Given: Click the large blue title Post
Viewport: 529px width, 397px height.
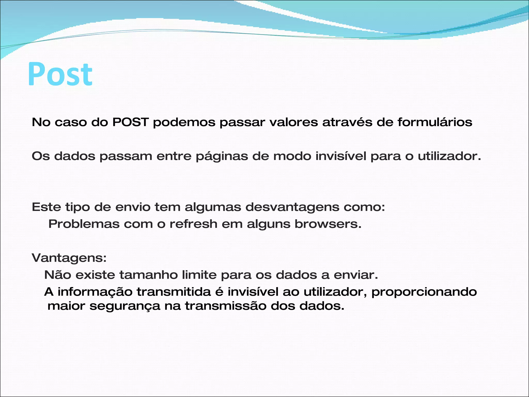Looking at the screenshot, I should (x=60, y=74).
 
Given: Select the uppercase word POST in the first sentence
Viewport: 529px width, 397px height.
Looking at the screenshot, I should (x=130, y=122).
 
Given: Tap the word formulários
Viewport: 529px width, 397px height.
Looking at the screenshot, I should (x=435, y=122).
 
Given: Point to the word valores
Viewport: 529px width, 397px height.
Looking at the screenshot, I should (x=294, y=122).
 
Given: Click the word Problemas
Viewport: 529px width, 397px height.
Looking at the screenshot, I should (x=84, y=224).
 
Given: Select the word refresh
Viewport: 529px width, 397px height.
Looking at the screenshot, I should (x=193, y=224).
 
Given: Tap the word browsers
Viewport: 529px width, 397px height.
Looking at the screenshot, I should (x=328, y=224).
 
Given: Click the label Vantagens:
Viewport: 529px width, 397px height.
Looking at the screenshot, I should (x=69, y=258).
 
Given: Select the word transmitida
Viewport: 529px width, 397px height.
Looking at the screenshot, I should (x=174, y=292).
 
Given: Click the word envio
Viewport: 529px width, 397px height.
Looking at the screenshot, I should (x=133, y=207).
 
